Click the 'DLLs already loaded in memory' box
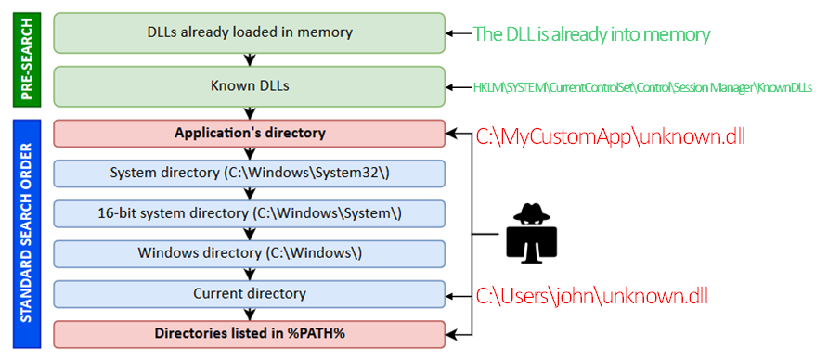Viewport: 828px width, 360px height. tap(250, 32)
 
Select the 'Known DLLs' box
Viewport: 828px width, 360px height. tap(250, 86)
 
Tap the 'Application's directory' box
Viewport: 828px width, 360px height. tap(250, 133)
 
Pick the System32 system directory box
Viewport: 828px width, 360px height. tap(250, 174)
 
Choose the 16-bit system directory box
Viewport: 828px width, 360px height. tap(250, 213)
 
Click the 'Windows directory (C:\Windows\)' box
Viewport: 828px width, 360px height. tap(250, 253)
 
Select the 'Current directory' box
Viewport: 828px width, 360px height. tap(250, 294)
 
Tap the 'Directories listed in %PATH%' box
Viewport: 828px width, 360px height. tap(250, 334)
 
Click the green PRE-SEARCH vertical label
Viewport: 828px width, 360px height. tap(27, 59)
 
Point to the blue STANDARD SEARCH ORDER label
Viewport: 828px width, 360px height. tap(27, 234)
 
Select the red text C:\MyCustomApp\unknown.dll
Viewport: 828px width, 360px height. tap(610, 136)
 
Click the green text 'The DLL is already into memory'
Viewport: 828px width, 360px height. tap(591, 34)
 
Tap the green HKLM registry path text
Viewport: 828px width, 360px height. tap(642, 87)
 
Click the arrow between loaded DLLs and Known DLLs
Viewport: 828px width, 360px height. tap(250, 59)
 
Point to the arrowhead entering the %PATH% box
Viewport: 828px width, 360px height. tap(450, 334)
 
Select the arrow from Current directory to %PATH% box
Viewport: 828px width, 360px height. tap(250, 314)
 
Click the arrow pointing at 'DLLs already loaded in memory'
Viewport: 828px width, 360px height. tap(459, 32)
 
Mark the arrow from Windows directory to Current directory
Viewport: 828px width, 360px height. tap(250, 274)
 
